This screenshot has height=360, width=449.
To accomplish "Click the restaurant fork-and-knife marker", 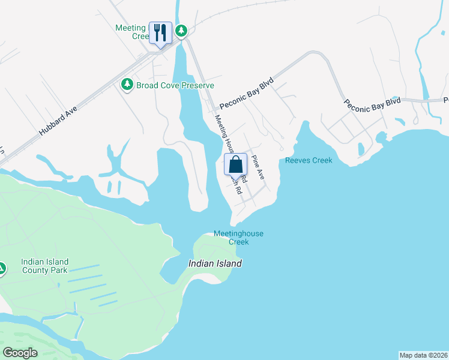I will point(160,32).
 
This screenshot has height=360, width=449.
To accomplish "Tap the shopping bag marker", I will point(235,164).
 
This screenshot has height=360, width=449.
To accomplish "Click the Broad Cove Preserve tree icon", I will point(127,85).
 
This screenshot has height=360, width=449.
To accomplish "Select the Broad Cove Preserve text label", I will point(175,85).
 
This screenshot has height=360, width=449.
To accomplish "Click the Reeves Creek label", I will point(309,160).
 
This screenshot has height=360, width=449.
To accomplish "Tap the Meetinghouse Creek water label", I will point(238,238).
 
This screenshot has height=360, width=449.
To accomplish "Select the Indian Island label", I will point(215,263).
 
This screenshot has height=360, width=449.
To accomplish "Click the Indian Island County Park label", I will point(44,266).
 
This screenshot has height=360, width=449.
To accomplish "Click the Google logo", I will point(20,352).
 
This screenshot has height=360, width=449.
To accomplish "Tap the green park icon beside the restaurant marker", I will point(181,30).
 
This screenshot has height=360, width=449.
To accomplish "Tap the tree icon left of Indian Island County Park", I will point(2,268).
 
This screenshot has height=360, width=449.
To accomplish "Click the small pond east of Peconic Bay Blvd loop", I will point(361,148).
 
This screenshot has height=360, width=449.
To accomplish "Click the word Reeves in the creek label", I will point(298,160).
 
